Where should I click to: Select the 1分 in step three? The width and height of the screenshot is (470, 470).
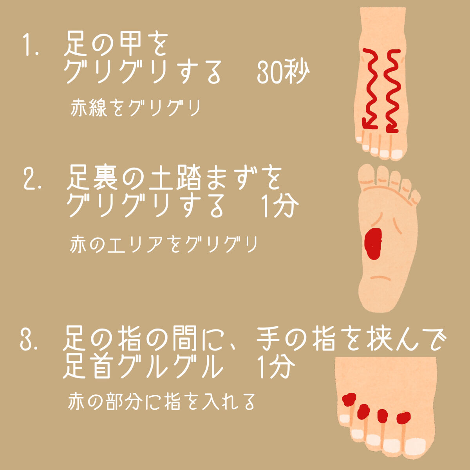[x=276, y=367]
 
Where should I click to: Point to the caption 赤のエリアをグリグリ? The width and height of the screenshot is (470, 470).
[x=164, y=244]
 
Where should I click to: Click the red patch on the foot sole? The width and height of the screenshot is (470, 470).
[x=372, y=243]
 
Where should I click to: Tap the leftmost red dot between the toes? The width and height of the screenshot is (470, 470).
[x=348, y=400]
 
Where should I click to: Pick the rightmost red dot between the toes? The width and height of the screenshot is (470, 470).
[x=403, y=418]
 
